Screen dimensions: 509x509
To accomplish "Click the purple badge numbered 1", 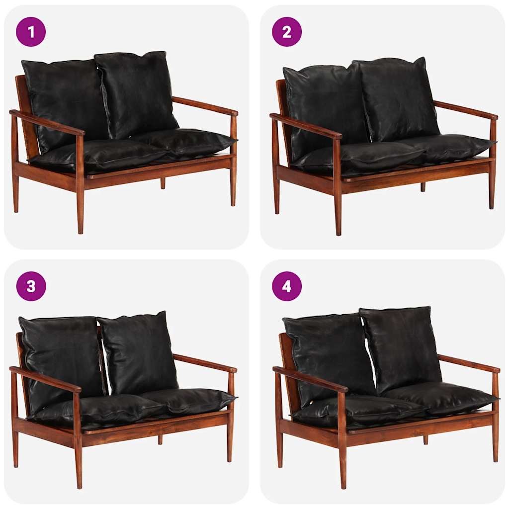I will tap(31, 32).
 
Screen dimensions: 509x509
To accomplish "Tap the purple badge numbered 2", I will tap(287, 32).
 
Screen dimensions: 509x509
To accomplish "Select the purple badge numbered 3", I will tap(31, 286).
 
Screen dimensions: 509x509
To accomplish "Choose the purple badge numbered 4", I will tap(287, 286).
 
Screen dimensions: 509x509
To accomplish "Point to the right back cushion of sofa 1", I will tap(137, 92).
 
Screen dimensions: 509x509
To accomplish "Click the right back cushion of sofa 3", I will tap(138, 350).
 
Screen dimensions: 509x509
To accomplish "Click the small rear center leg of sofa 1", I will tap(163, 183).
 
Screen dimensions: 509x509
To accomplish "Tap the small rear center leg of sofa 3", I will tap(160, 439).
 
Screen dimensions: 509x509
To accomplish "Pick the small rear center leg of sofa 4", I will tap(425, 439).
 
